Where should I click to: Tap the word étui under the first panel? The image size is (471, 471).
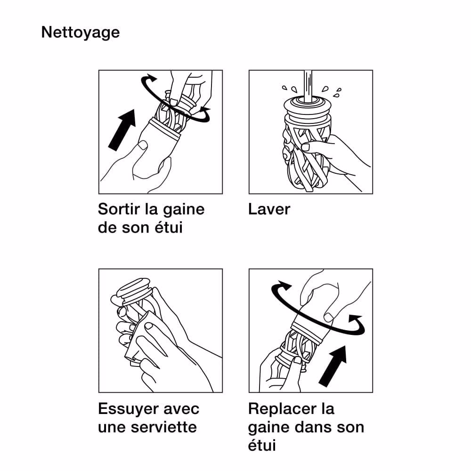[x=169, y=227]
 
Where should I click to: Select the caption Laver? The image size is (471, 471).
[x=269, y=209]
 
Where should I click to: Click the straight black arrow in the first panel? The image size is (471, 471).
[x=122, y=130]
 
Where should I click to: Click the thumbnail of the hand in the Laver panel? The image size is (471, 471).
[x=306, y=147]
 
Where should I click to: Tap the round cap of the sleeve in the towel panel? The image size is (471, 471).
[x=133, y=289]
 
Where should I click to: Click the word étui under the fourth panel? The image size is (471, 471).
[x=262, y=445]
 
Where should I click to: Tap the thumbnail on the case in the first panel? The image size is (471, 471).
[x=142, y=146]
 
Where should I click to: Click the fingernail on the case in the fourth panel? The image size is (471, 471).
[x=328, y=317]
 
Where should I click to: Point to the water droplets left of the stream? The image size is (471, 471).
[x=290, y=89]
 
